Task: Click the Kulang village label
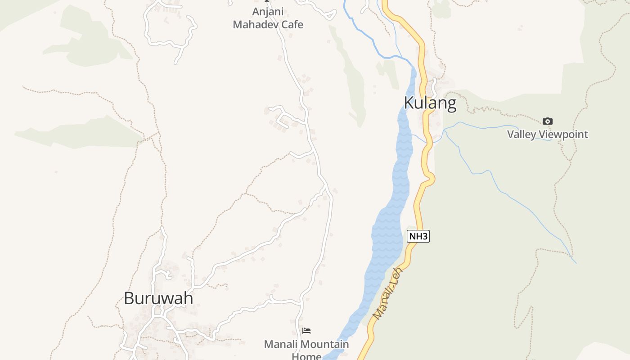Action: (x=430, y=103)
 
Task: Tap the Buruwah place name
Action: (x=158, y=298)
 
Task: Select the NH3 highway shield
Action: (x=418, y=236)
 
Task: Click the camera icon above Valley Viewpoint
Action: (x=547, y=121)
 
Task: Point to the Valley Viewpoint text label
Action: (x=547, y=134)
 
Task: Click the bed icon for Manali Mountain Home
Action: (x=306, y=331)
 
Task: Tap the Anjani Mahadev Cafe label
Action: (x=268, y=18)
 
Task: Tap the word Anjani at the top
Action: (x=268, y=12)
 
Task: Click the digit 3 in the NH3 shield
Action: (x=425, y=236)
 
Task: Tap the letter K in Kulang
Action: (x=409, y=103)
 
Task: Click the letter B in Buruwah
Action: (x=129, y=298)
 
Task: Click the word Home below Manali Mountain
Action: (x=306, y=356)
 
